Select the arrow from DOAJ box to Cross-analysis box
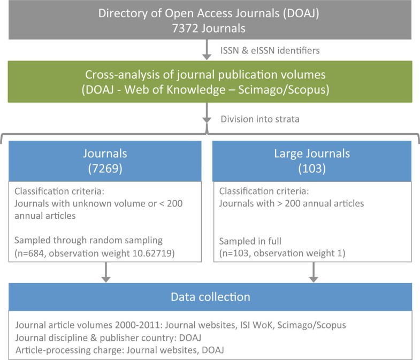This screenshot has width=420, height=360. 207,51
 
